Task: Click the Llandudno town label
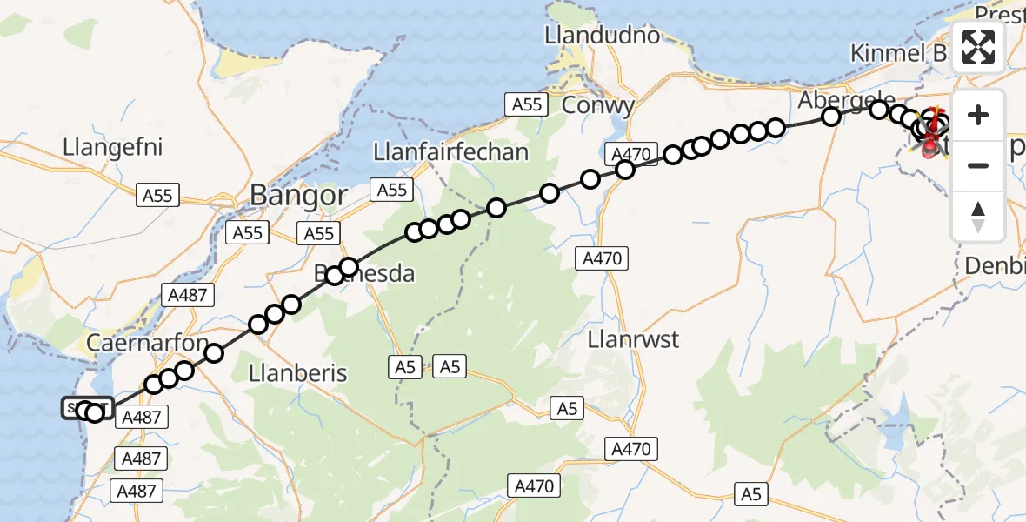(x=602, y=37)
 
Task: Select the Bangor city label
(x=299, y=195)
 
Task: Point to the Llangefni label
(x=113, y=146)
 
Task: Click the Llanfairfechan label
(x=450, y=152)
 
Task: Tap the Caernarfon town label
(x=147, y=342)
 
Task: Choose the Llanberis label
(x=297, y=373)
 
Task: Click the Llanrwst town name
(x=633, y=338)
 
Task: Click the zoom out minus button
(x=978, y=165)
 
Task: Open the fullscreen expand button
(x=978, y=47)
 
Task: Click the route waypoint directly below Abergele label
(x=831, y=117)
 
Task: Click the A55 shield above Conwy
(x=526, y=104)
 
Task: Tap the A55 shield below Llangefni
(x=157, y=196)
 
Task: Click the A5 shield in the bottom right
(x=750, y=494)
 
